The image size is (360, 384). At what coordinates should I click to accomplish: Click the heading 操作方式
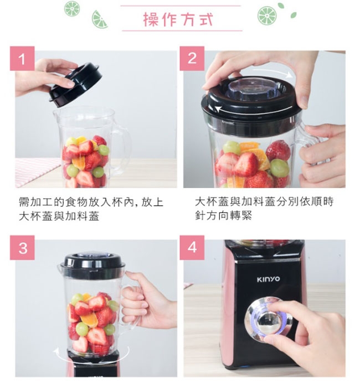(x=178, y=19)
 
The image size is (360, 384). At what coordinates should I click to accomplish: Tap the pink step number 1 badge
(x=22, y=59)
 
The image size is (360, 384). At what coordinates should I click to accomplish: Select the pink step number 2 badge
(x=192, y=59)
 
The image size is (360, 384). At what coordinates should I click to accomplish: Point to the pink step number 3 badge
(x=22, y=247)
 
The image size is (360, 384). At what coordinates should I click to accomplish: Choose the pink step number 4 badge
(x=192, y=247)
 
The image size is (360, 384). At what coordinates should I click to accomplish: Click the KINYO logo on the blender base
(x=269, y=279)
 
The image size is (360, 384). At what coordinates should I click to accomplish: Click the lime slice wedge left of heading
(x=100, y=19)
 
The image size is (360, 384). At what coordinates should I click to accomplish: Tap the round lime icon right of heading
(x=267, y=15)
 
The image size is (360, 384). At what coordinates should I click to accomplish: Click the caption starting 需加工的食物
(x=91, y=209)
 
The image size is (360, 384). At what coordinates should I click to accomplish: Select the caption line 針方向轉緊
(x=224, y=216)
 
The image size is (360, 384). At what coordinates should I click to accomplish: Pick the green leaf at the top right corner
(x=294, y=15)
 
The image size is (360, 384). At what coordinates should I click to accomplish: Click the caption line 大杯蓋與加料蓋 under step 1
(x=59, y=216)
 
